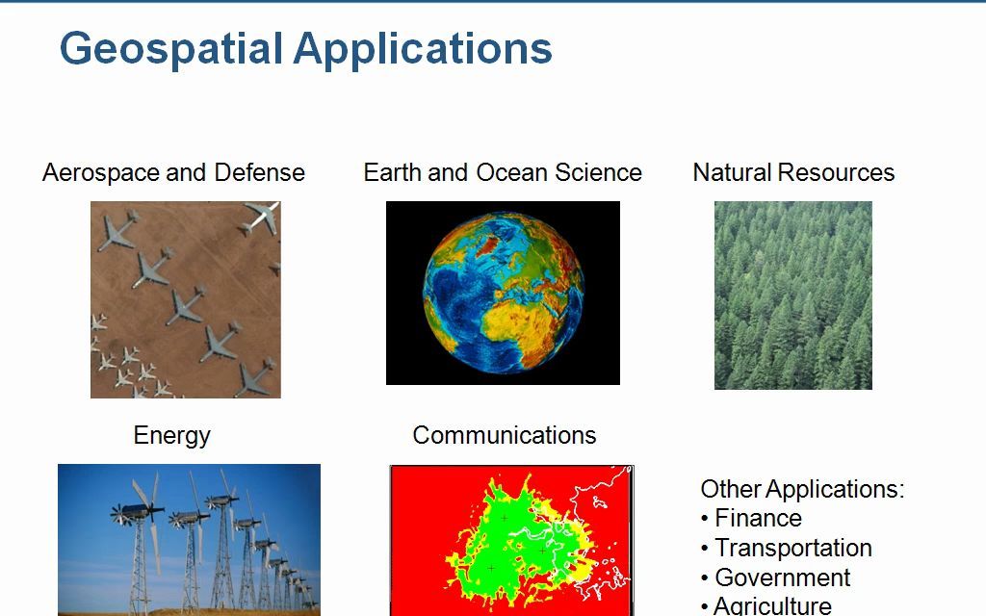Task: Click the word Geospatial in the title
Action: coord(171,49)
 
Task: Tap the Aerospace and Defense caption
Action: coord(173,173)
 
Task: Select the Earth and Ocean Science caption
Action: coord(502,173)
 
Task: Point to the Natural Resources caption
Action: coord(793,173)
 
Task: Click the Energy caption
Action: coord(171,435)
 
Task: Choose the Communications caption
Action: coord(504,435)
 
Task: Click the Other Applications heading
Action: coord(802,489)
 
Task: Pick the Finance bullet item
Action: coord(758,519)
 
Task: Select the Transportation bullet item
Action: coord(792,549)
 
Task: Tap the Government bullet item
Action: coord(782,578)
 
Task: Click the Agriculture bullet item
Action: coord(772,605)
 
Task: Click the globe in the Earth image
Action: coord(504,293)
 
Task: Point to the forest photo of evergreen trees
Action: coord(792,295)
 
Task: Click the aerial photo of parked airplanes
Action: coord(186,299)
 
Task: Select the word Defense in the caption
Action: coord(259,173)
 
